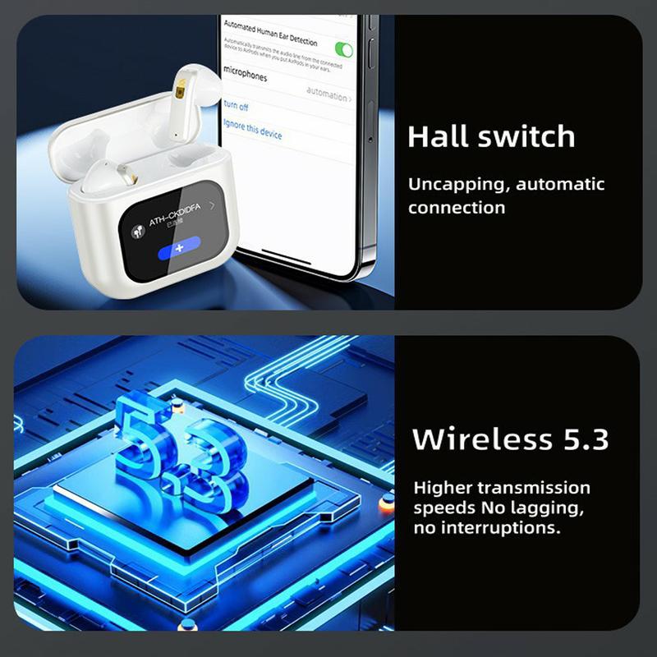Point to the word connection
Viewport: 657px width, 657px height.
(457, 208)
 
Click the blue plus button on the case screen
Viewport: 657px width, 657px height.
(179, 247)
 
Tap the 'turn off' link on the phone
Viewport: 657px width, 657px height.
(236, 107)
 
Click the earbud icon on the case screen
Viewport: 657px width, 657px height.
(137, 231)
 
